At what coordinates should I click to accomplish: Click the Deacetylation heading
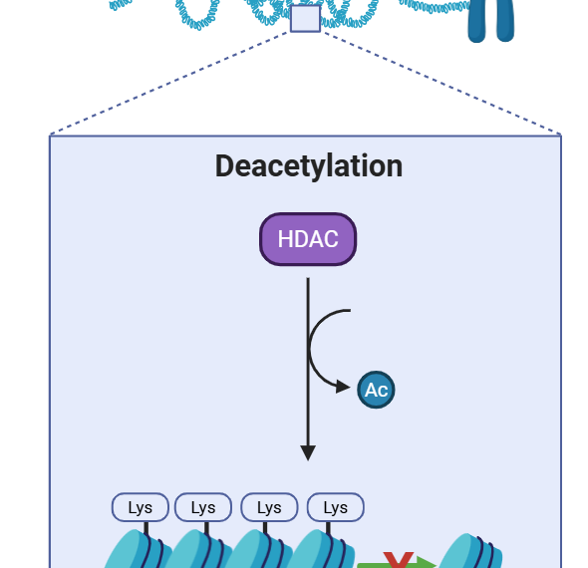pos(308,165)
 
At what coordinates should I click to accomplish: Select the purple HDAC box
pos(308,239)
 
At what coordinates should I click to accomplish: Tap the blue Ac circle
pos(376,390)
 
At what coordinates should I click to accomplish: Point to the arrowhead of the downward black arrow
pos(308,452)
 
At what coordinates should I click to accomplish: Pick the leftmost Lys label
pos(140,507)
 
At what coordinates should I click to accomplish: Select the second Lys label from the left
pos(203,507)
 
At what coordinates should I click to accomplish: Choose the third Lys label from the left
pos(269,507)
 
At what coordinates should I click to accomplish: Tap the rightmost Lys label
pos(335,507)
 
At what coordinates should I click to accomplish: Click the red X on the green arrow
pos(399,561)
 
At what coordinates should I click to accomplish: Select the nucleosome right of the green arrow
pos(471,553)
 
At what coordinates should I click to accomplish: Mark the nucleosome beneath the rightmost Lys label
pos(321,553)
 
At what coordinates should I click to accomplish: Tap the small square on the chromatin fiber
pos(305,18)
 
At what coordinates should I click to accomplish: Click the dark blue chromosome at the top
pos(491,20)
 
